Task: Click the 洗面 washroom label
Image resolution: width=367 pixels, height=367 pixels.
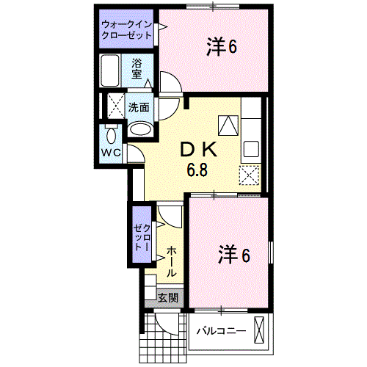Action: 139,107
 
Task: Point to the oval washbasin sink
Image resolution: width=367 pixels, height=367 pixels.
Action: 139,130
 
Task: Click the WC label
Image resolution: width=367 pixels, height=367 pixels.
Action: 111,153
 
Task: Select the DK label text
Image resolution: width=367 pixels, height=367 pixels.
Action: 199,149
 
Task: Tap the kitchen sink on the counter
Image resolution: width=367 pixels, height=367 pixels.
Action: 250,149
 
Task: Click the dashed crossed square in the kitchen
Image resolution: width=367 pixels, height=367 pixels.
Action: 250,175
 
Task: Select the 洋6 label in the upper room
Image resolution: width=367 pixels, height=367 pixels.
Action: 221,47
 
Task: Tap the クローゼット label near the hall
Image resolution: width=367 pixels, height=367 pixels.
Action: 139,236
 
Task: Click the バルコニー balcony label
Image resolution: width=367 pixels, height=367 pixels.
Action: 220,332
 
